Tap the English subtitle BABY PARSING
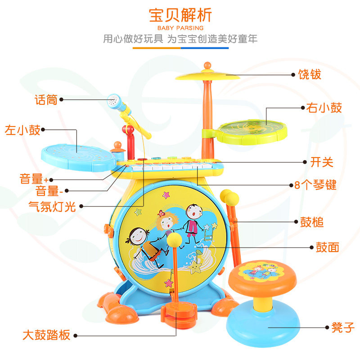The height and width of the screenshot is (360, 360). [180, 28]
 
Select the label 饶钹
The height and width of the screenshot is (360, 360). [310, 74]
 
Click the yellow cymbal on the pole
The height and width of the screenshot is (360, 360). [207, 76]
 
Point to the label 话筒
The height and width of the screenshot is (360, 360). [46, 99]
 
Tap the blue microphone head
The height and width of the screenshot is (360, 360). [113, 102]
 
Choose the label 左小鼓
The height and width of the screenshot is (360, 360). [22, 130]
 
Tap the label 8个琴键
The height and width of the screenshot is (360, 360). [319, 184]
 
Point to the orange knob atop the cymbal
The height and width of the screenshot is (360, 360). [207, 65]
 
